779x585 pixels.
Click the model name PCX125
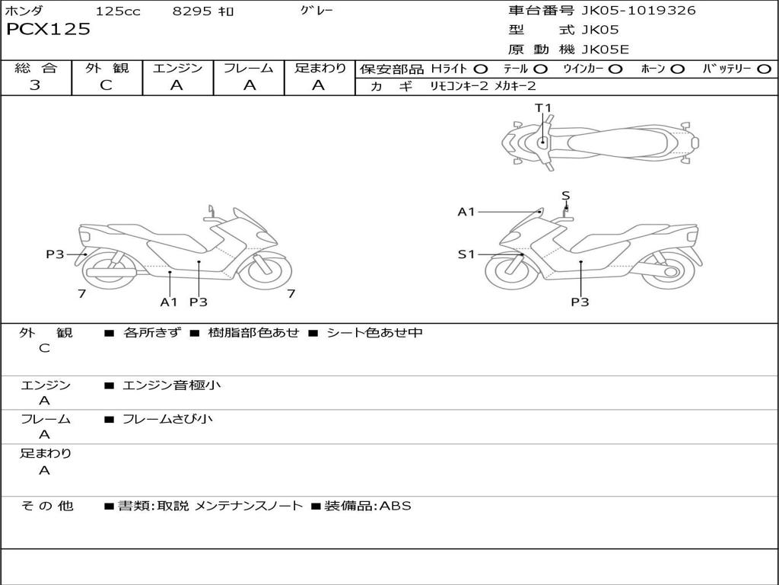tap(48, 30)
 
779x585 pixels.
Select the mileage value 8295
tap(193, 11)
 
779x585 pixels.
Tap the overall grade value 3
tap(35, 85)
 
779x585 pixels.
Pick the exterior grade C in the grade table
tap(106, 85)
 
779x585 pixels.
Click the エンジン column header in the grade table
tap(177, 68)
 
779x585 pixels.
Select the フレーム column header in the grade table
tap(249, 68)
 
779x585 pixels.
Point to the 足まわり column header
tap(320, 68)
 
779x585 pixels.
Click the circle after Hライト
tap(481, 69)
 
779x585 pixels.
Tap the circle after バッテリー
tap(764, 69)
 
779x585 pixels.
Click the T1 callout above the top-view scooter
tap(542, 108)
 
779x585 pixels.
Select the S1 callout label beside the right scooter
tap(466, 254)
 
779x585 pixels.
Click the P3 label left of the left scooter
tap(55, 254)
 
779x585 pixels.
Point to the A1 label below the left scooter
tap(168, 302)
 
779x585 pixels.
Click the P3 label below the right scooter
tap(580, 302)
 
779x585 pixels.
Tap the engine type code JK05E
tap(605, 50)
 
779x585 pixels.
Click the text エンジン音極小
tap(172, 385)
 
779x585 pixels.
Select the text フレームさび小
tap(167, 419)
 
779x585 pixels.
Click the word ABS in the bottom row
tap(395, 506)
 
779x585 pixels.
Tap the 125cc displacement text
tap(118, 11)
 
